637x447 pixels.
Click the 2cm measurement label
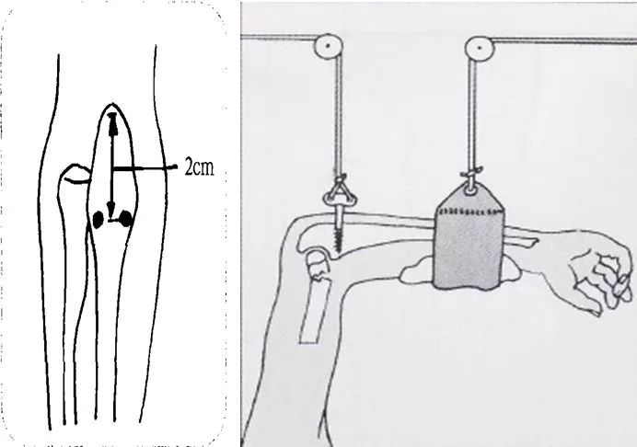click(199, 166)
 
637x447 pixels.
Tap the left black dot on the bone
click(98, 220)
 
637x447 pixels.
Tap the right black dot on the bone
click(126, 219)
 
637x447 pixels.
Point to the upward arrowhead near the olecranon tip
click(112, 123)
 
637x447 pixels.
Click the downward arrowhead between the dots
click(110, 209)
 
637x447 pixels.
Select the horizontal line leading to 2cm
click(145, 167)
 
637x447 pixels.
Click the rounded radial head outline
click(75, 174)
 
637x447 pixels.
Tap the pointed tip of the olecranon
click(112, 104)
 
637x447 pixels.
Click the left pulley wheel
click(329, 46)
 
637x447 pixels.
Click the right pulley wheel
click(480, 48)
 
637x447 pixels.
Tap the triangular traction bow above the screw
click(340, 194)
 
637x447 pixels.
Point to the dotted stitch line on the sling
click(470, 212)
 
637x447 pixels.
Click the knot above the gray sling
click(471, 174)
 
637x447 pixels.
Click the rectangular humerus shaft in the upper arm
click(315, 311)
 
